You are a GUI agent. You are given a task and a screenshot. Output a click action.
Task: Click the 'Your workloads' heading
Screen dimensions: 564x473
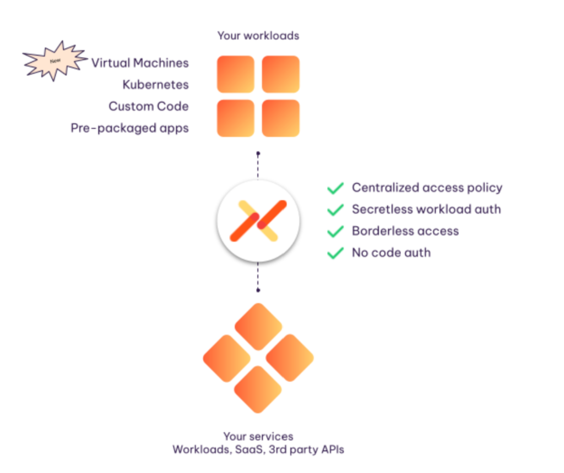tap(258, 36)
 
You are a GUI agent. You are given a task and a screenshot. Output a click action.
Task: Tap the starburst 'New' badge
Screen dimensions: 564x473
tap(55, 61)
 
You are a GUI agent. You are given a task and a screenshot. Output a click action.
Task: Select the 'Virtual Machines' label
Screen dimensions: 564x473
tap(140, 63)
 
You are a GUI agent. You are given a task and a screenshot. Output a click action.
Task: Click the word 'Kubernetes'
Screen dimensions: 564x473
tap(156, 85)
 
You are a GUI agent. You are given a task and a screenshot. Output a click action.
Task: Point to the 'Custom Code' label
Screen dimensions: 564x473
tap(149, 106)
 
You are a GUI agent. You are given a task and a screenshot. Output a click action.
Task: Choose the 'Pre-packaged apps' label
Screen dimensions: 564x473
tap(129, 128)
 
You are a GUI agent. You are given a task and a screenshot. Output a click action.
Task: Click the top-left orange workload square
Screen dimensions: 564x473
tap(236, 74)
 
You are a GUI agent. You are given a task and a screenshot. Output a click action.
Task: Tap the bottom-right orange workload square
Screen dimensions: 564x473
tap(280, 118)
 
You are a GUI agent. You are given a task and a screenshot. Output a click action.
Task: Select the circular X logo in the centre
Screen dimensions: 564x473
tap(258, 221)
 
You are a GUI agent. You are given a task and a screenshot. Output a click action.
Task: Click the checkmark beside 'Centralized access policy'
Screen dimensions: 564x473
tap(335, 188)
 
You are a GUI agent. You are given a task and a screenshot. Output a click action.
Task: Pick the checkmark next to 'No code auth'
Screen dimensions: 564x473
tap(335, 253)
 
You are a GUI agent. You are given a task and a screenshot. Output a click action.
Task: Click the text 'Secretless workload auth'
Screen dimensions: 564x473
tap(426, 210)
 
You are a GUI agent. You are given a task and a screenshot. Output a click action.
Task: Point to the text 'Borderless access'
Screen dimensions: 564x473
tap(405, 231)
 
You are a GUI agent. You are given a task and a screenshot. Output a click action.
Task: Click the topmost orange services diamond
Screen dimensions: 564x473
tap(258, 327)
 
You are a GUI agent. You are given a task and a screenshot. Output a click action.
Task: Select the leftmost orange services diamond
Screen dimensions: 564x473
tap(226, 358)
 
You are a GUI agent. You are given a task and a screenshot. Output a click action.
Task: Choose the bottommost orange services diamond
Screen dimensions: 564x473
tap(258, 390)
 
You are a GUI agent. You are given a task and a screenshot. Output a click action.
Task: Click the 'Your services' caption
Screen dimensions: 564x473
tap(258, 436)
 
